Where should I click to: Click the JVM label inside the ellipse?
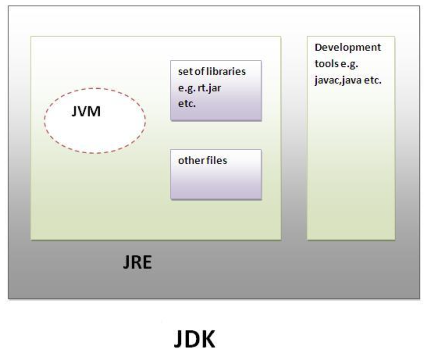point(86,112)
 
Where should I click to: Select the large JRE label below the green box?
point(137,263)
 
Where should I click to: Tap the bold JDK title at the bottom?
point(194,339)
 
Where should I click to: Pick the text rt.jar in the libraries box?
point(208,88)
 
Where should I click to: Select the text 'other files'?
point(202,160)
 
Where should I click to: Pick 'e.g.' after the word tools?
point(349,64)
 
